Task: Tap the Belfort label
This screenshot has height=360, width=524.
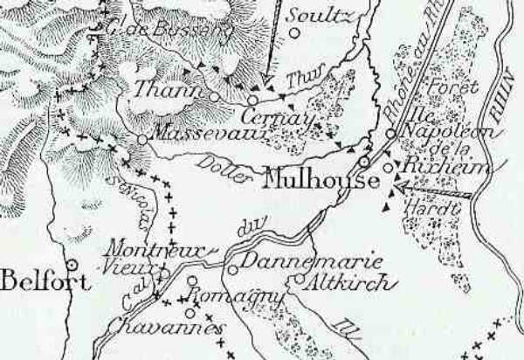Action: pos(35,281)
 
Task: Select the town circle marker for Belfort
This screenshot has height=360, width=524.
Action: pos(72,263)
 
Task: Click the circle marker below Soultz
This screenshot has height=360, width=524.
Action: pos(294,33)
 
